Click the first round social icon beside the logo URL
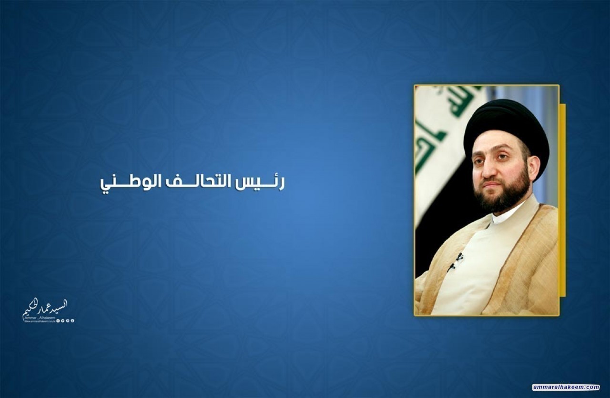[58, 321]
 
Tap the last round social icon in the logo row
[73, 321]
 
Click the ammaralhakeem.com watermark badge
[566, 387]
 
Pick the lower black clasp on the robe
[450, 267]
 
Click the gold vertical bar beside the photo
[562, 200]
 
